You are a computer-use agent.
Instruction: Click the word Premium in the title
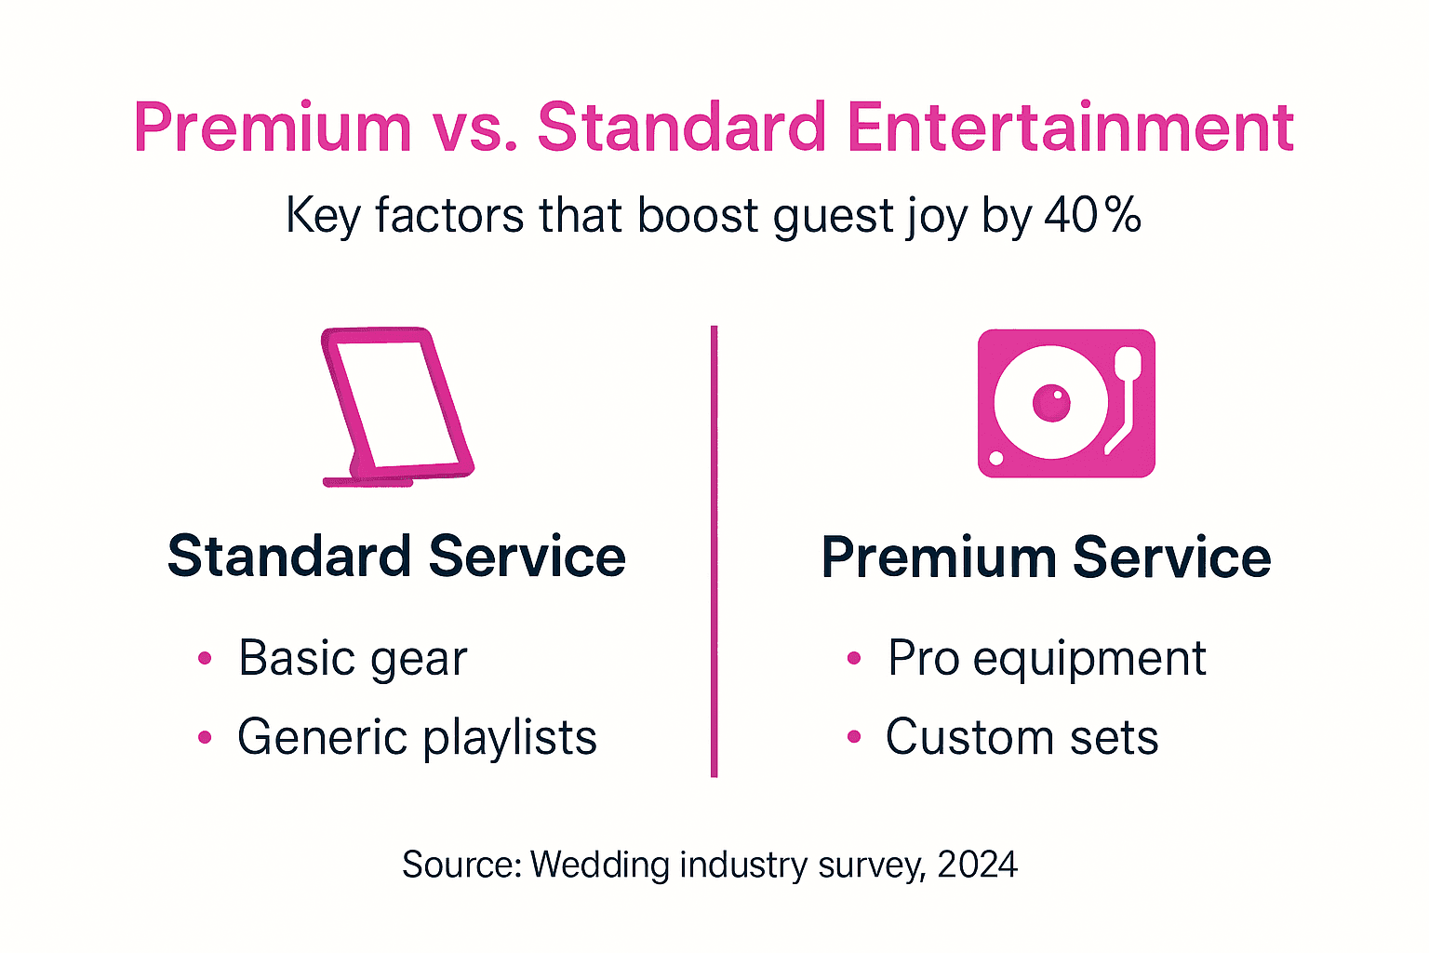(273, 128)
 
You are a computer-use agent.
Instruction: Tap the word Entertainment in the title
(1070, 128)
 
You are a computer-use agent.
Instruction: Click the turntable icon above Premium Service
(1066, 403)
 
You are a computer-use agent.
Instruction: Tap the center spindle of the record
(1051, 403)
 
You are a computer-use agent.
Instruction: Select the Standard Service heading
(396, 557)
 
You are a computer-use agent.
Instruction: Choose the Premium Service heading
(1046, 557)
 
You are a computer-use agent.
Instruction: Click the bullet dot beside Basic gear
(206, 659)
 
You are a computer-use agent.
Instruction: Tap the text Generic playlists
(417, 738)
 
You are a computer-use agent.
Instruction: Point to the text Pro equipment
(1047, 659)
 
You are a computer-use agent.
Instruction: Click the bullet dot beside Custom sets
(854, 738)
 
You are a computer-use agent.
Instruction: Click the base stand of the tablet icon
(367, 481)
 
